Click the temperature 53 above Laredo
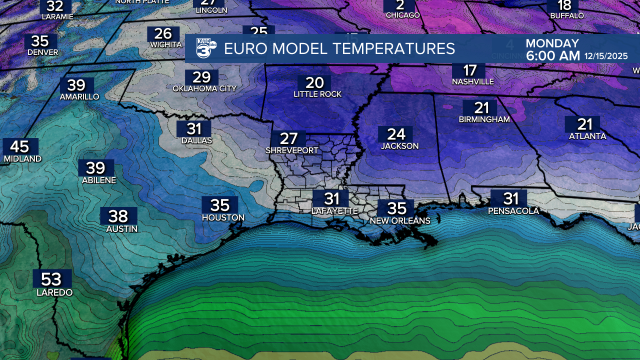click(52, 279)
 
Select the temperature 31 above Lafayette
click(332, 199)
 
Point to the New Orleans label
click(400, 220)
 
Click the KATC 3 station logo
click(205, 48)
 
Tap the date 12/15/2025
click(606, 56)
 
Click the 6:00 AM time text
click(553, 56)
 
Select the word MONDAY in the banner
click(552, 43)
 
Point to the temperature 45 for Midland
click(20, 146)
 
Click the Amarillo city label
click(79, 96)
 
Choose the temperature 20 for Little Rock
click(315, 82)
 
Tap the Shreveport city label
click(292, 150)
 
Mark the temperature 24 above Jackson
click(396, 134)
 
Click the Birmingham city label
click(484, 119)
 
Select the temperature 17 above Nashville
click(469, 70)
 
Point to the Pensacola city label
click(513, 211)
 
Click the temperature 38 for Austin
click(118, 216)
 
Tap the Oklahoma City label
click(204, 88)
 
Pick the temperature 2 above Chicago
click(400, 5)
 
